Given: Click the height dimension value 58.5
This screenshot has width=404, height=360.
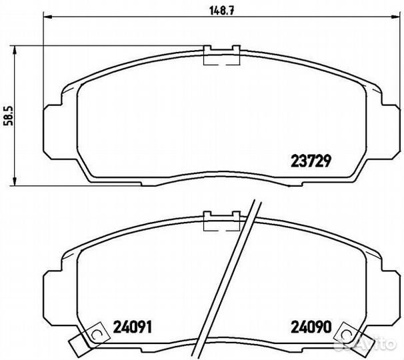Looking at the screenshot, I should [x=9, y=115].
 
